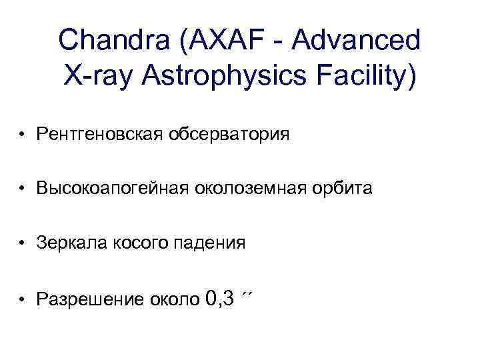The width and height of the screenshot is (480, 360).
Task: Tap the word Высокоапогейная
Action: pos(112,190)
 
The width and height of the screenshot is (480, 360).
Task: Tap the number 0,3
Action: pos(220,297)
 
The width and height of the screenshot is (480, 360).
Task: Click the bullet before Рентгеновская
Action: pos(23,136)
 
